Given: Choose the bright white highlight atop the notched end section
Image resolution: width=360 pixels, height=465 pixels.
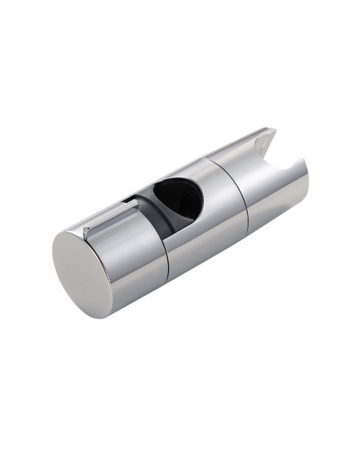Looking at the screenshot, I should click(x=239, y=151).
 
